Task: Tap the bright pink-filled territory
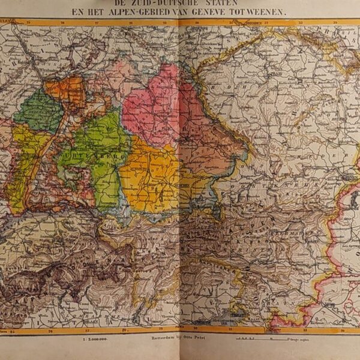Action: pyautogui.click(x=153, y=105)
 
